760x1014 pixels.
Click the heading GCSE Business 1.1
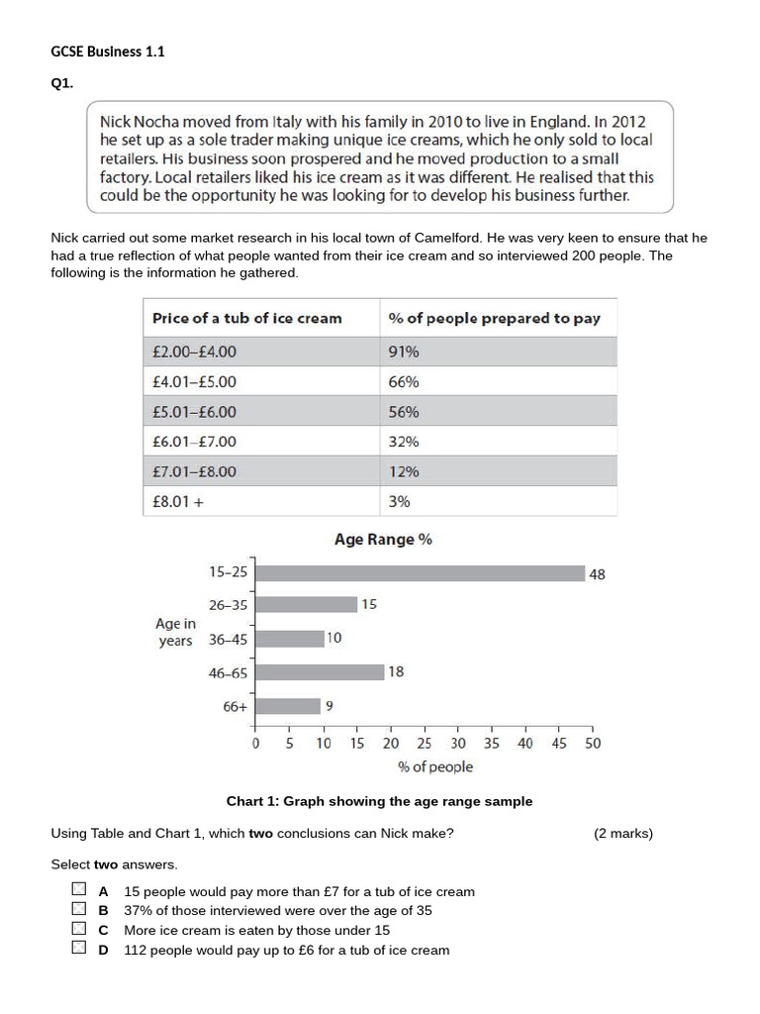point(107,52)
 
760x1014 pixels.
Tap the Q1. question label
point(63,84)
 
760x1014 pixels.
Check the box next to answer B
point(79,910)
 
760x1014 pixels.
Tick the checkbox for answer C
point(79,930)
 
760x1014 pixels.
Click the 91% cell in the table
point(404,352)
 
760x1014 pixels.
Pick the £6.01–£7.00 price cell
point(194,442)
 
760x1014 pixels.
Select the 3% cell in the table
point(399,502)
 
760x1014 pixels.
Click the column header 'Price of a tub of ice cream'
point(246,318)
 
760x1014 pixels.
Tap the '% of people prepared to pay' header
point(494,318)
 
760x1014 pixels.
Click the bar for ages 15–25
point(420,572)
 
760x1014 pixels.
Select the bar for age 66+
point(288,706)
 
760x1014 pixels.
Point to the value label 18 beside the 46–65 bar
point(396,671)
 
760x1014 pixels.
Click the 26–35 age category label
point(229,605)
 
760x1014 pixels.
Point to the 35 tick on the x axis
point(492,743)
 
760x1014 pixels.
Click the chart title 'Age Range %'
point(383,540)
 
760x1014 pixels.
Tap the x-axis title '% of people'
point(435,766)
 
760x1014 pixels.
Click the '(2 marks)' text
point(623,833)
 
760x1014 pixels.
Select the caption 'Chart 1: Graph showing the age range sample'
point(379,801)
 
